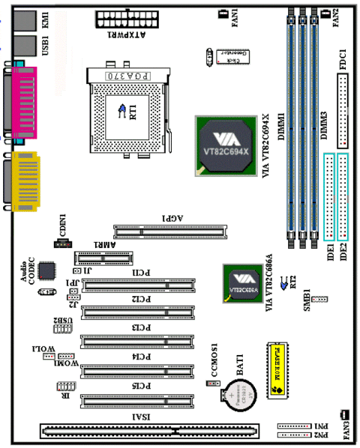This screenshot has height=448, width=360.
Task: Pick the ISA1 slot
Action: (150, 431)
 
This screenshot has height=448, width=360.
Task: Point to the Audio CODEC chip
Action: (48, 272)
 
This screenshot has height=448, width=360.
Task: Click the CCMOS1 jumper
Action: (212, 382)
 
